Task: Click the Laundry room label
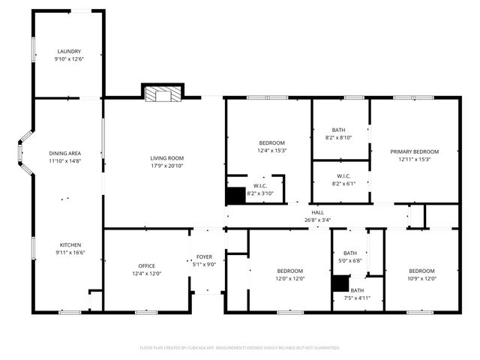[69, 52]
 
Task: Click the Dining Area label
[64, 152]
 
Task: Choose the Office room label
[146, 265]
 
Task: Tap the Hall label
[317, 212]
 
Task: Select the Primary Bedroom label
[414, 151]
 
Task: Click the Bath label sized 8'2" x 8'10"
[340, 130]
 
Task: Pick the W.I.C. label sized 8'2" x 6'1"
[340, 176]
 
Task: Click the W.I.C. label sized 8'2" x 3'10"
[260, 185]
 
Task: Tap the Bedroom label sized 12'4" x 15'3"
[271, 142]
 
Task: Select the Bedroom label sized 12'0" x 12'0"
[289, 271]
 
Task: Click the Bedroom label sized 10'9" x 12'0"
[421, 271]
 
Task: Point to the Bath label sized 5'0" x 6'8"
[350, 253]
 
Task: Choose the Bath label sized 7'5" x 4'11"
[357, 290]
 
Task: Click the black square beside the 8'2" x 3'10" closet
[235, 195]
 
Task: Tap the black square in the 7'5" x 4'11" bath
[341, 283]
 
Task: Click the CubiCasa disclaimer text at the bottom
[240, 348]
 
